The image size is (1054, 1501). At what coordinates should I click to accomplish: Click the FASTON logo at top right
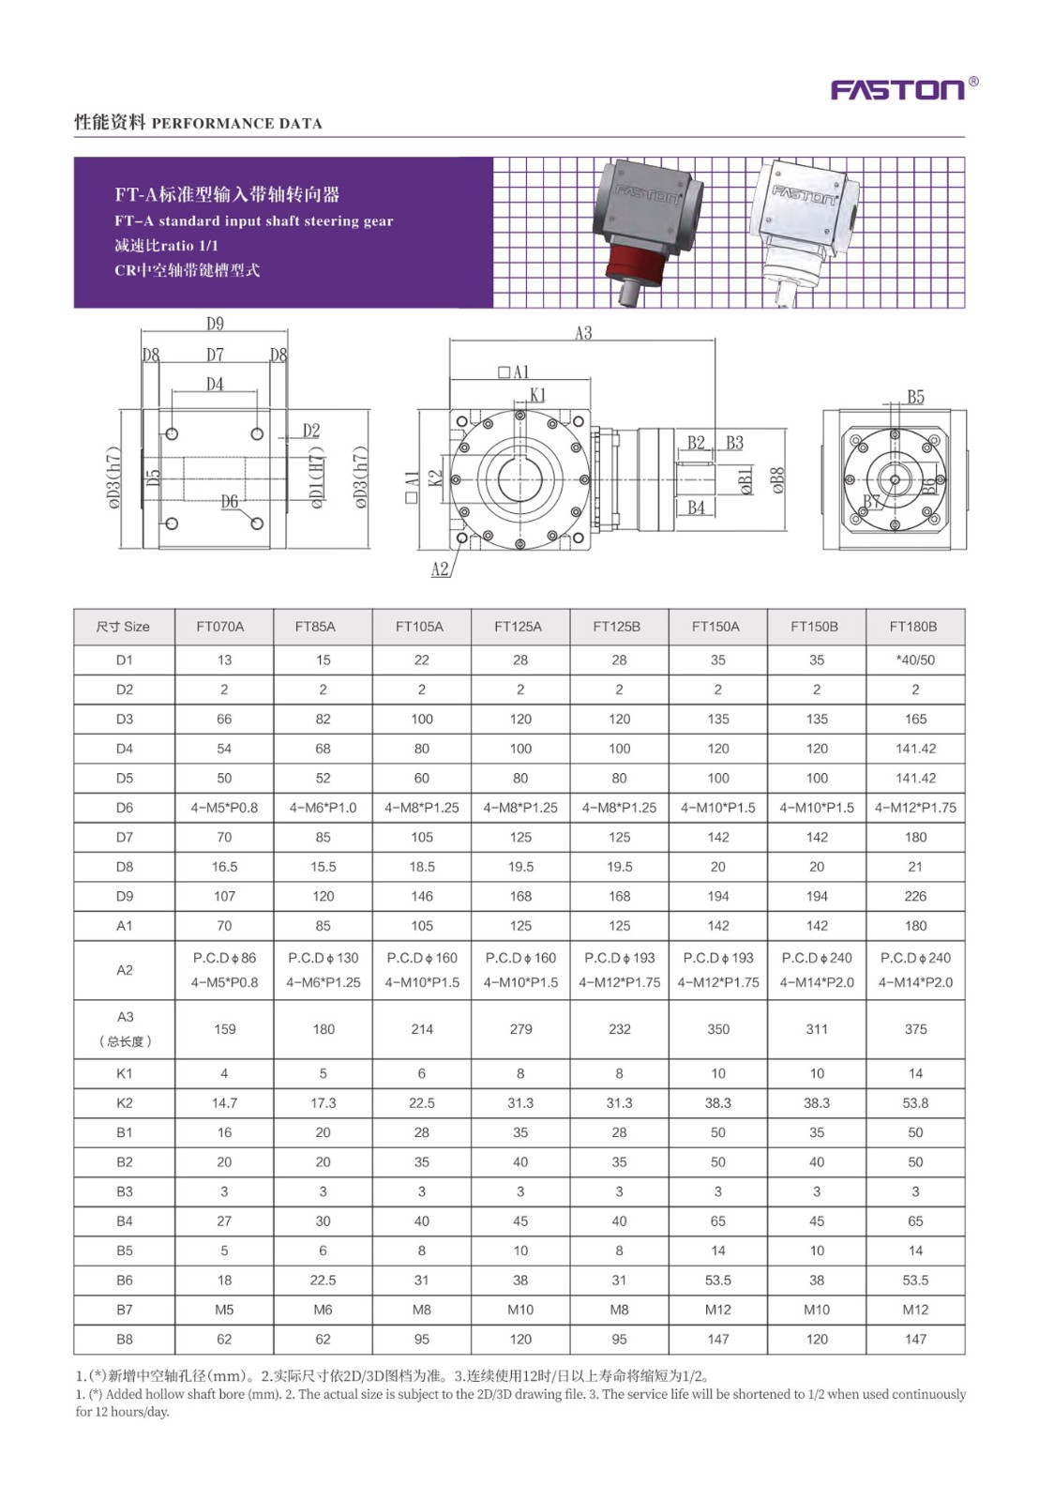tap(898, 89)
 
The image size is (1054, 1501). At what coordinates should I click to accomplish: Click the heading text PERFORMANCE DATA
tap(236, 123)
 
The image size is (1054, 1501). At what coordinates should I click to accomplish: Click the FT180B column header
tap(913, 627)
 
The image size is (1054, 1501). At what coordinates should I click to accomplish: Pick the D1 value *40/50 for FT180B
tap(915, 660)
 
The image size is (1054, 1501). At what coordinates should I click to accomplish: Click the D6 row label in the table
tap(125, 808)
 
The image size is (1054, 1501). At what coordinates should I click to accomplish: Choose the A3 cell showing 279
tap(520, 1029)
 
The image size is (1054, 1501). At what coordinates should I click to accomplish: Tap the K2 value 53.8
tap(915, 1103)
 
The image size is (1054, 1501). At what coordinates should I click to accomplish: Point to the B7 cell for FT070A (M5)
tap(224, 1310)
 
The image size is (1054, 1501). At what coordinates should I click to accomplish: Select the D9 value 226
tap(915, 896)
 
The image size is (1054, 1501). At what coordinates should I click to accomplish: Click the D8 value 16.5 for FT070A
tap(224, 867)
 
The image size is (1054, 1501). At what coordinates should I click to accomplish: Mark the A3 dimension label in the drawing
tap(583, 333)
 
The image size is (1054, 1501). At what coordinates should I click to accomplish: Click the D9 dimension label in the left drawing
tap(215, 324)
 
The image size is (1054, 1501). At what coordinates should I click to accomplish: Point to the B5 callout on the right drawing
tap(915, 397)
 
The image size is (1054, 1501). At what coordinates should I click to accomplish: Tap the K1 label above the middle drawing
tap(537, 395)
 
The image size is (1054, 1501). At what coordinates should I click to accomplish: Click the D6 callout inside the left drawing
tap(230, 502)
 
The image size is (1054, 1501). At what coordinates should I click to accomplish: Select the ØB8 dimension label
tap(777, 480)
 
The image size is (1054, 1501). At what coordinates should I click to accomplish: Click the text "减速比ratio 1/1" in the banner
tap(166, 246)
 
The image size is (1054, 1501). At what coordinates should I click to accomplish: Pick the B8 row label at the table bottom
tap(125, 1340)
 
